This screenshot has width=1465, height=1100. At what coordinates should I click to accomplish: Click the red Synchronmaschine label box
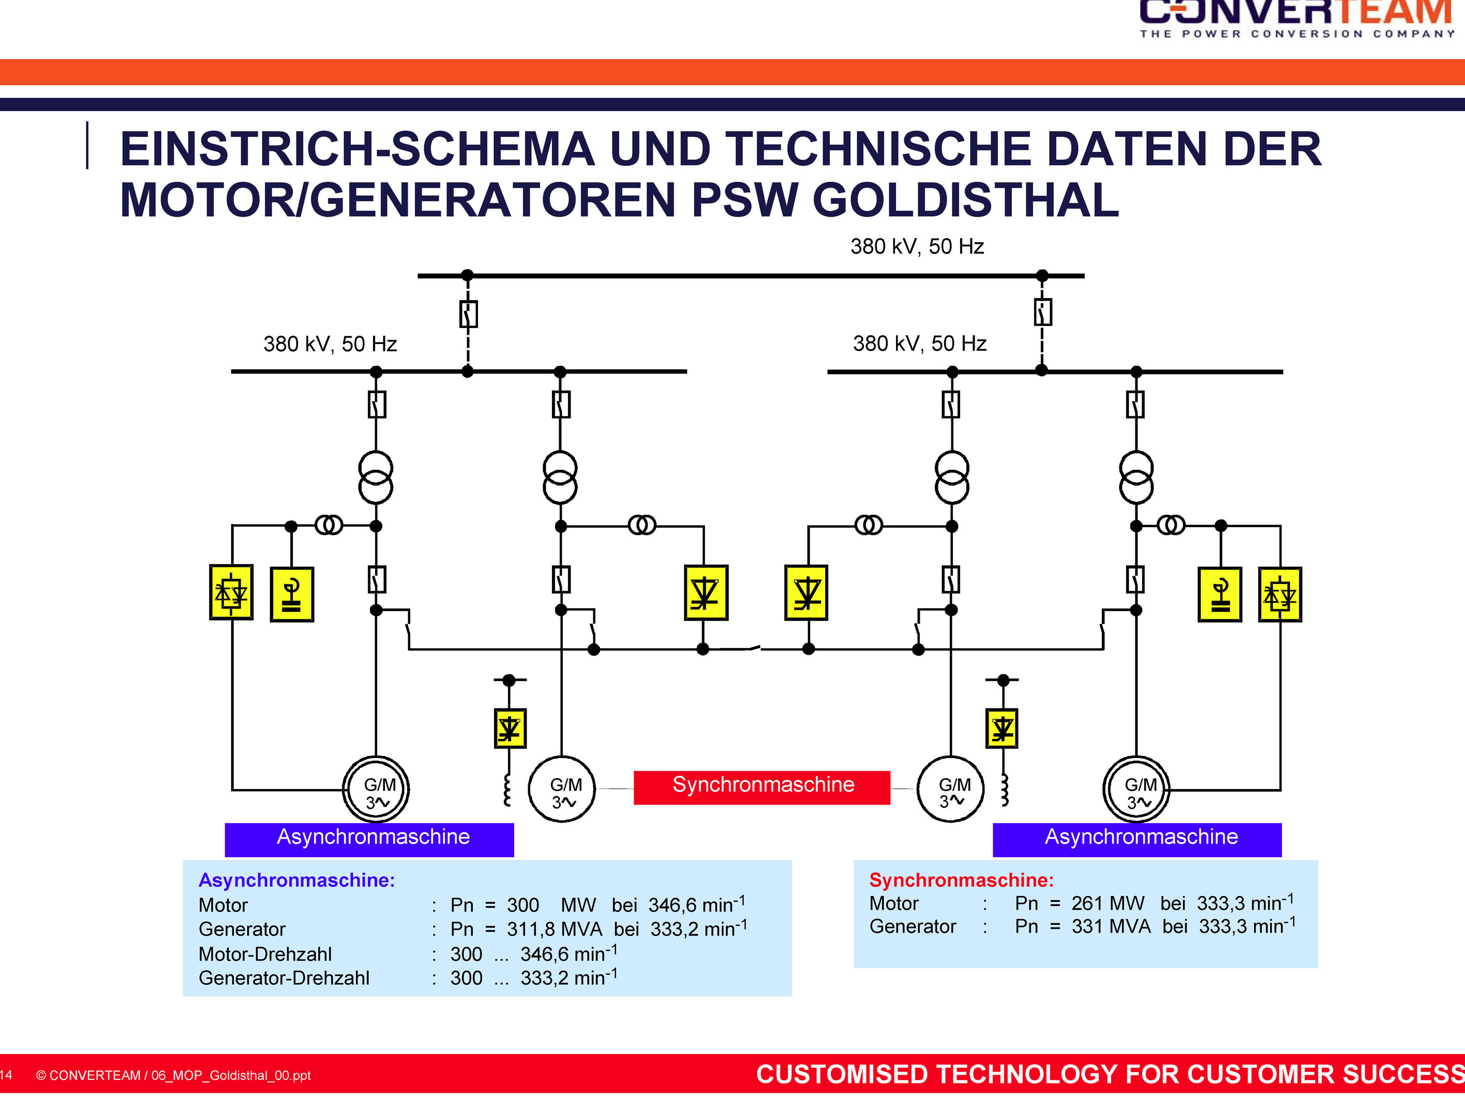click(762, 788)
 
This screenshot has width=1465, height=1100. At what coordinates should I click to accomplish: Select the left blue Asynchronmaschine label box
click(369, 840)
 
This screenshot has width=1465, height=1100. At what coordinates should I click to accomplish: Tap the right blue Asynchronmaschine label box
click(1137, 840)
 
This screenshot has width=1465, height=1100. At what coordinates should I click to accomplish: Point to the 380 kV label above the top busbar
click(917, 246)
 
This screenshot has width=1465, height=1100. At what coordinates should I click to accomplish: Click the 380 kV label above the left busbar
click(330, 344)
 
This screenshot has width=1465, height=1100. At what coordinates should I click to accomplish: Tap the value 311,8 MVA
click(554, 929)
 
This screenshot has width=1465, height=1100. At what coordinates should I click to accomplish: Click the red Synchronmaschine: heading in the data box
click(961, 881)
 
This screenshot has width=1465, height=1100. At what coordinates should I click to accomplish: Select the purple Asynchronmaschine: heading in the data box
click(297, 881)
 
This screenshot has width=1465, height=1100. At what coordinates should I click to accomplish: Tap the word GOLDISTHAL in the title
click(966, 200)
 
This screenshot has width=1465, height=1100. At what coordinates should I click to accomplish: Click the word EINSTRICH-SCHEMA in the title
click(358, 149)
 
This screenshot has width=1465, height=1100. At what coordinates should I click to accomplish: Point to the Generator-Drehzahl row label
click(284, 978)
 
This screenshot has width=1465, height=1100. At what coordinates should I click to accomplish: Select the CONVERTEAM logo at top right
click(1297, 19)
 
